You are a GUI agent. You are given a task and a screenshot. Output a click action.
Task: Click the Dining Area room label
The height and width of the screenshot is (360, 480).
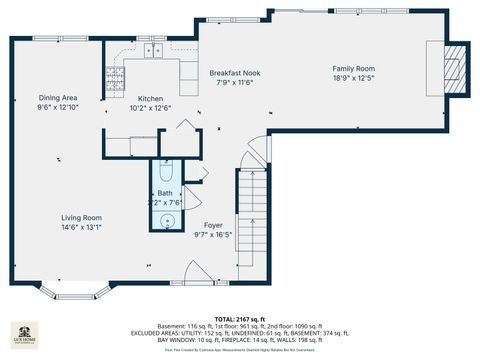coord(56,98)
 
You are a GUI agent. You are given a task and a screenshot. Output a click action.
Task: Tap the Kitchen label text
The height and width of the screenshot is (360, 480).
coord(150,99)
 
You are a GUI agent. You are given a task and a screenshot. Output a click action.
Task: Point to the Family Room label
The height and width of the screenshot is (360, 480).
coord(353,69)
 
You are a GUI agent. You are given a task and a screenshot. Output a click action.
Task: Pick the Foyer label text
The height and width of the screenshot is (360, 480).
coord(213,225)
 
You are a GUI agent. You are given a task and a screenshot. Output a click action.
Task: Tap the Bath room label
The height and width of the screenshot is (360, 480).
coord(164,193)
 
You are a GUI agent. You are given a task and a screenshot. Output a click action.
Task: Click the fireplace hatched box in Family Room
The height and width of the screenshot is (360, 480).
coord(456,67)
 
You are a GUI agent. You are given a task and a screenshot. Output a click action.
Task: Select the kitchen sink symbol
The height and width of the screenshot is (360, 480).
coord(153,49)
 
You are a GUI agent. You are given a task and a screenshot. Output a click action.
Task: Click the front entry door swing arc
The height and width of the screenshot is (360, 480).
coord(196,272)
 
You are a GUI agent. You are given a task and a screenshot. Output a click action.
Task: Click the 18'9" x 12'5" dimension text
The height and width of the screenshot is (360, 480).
coord(353,78)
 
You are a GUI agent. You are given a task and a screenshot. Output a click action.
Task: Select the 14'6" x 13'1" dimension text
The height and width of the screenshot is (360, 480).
coord(81,227)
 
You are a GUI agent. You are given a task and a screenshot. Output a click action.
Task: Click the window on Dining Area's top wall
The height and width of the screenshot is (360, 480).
coord(46,39)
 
